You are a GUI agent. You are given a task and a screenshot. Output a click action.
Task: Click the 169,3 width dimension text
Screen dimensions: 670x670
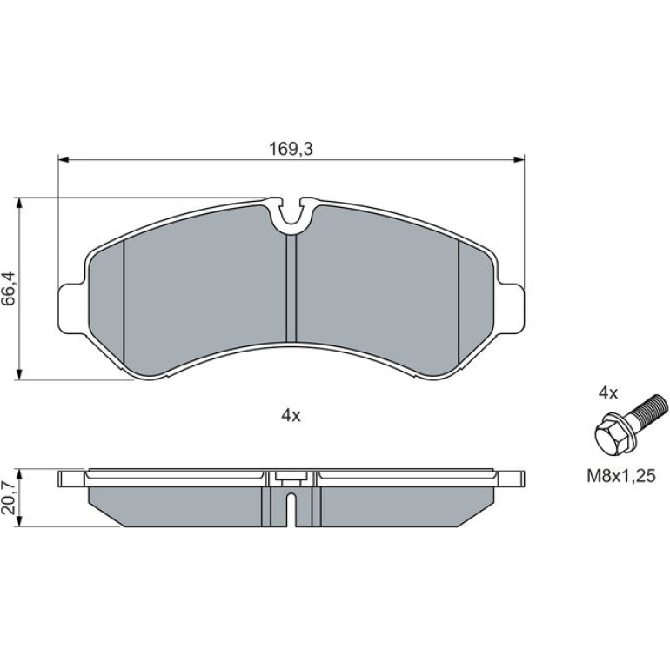click(291, 149)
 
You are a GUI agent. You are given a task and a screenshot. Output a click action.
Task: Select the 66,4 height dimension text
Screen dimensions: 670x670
click(9, 288)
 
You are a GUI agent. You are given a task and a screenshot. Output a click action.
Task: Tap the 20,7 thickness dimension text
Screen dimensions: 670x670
click(9, 498)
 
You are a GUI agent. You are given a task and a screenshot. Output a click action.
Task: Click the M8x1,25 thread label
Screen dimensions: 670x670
click(620, 476)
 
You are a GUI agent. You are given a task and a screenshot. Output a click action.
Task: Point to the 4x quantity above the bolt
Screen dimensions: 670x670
click(608, 393)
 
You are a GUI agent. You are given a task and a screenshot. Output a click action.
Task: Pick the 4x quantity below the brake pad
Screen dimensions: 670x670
click(291, 415)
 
